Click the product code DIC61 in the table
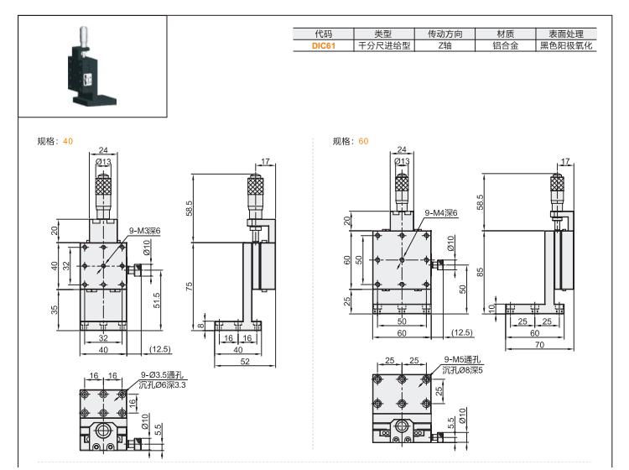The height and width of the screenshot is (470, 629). point(324,46)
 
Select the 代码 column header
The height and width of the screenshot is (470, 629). point(324,34)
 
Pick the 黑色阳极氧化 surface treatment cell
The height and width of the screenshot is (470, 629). point(565,46)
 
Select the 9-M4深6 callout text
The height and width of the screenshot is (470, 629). point(441,213)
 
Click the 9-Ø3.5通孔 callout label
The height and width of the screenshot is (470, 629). point(161,375)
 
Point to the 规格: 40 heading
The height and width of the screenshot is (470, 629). point(55,141)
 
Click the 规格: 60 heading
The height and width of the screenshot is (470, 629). point(351,141)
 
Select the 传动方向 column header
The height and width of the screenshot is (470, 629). point(445,34)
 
